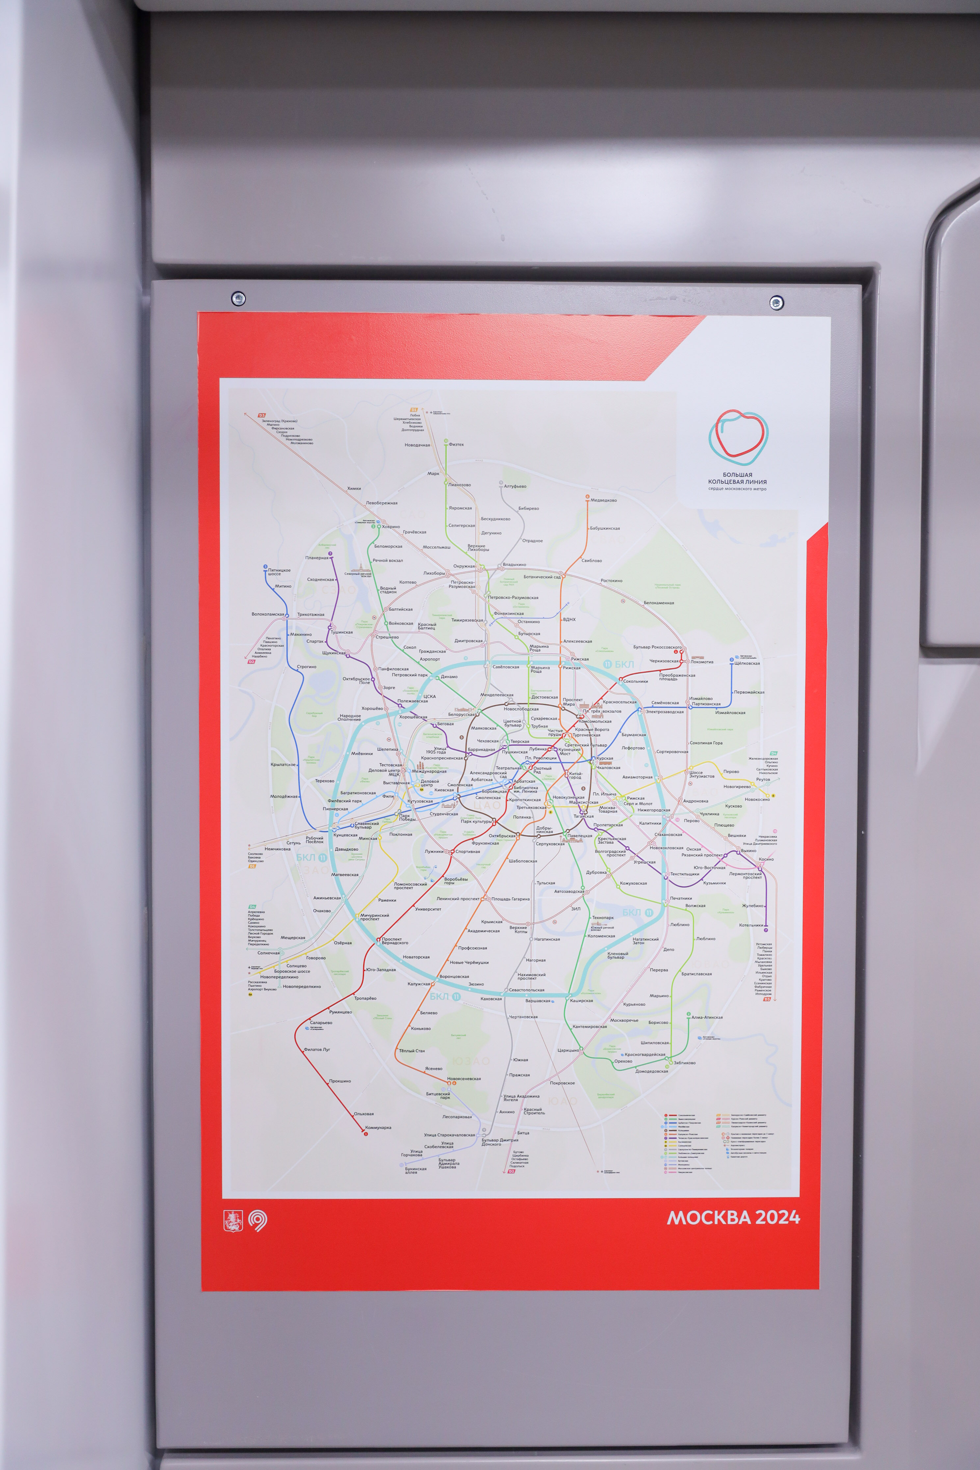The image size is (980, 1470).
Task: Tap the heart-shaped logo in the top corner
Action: click(x=738, y=433)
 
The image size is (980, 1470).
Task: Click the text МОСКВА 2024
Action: click(x=733, y=1217)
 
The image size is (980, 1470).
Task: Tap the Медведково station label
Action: click(x=603, y=500)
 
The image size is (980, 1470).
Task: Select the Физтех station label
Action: click(x=456, y=444)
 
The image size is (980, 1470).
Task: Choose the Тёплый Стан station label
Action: click(x=412, y=1050)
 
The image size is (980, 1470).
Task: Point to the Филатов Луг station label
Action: click(x=317, y=1049)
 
